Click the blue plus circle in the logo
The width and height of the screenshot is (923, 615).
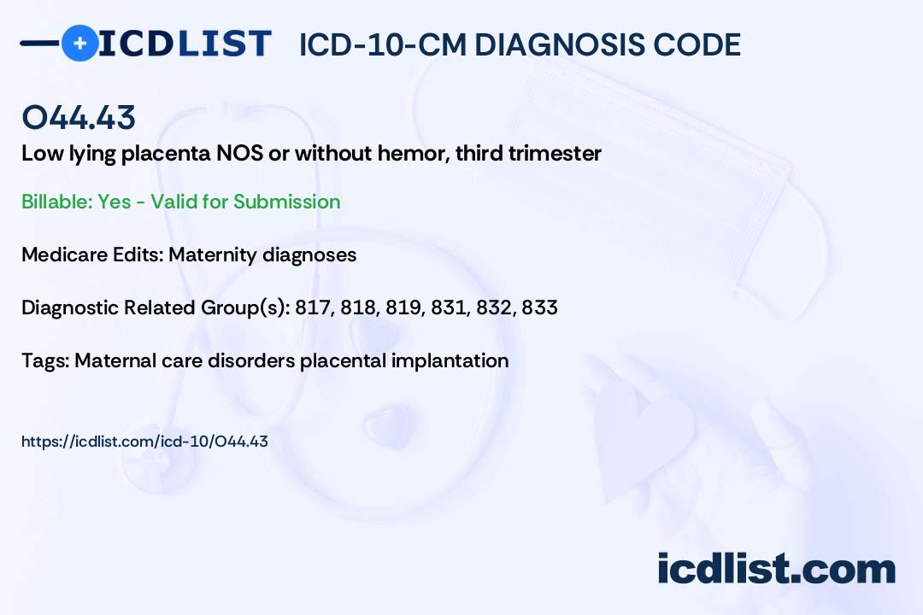[x=79, y=43]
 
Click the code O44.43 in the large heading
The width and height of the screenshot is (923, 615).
[x=79, y=117]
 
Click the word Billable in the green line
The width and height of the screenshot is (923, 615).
[x=56, y=202]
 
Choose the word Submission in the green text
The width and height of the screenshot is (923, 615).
[x=286, y=202]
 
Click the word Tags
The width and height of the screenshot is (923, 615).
[x=45, y=360]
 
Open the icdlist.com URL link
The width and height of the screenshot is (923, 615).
[x=144, y=442]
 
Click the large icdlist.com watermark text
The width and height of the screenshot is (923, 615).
[x=776, y=568]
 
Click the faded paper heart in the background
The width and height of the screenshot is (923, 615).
[x=642, y=430]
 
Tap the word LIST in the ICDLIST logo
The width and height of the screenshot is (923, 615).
[x=224, y=44]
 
